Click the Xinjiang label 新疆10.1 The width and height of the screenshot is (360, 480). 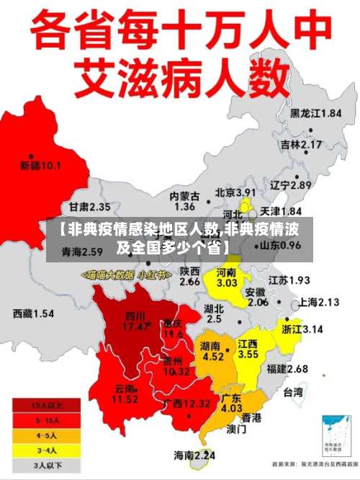(x=40, y=166)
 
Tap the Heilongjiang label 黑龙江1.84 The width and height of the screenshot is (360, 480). (x=315, y=113)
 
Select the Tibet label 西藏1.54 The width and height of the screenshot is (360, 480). (x=33, y=314)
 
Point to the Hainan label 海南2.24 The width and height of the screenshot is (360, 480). (x=194, y=455)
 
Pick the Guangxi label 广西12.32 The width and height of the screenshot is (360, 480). (x=186, y=403)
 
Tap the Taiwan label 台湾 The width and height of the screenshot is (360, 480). (x=293, y=393)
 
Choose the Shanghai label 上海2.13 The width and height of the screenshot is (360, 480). (x=318, y=302)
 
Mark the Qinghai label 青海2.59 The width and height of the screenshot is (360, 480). (x=82, y=252)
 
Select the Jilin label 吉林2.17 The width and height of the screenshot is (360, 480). (x=300, y=144)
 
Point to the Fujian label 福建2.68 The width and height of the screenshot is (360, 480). (x=287, y=369)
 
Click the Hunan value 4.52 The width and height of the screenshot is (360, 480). (x=213, y=355)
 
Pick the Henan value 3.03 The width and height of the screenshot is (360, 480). (x=227, y=283)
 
